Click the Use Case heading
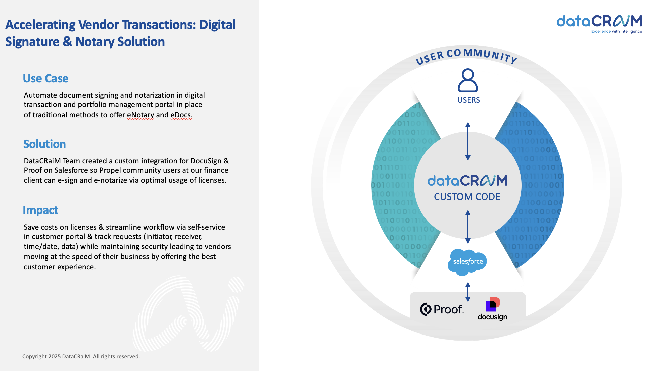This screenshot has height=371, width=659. click(x=46, y=78)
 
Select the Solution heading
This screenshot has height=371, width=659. click(x=44, y=144)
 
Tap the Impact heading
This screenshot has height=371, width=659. click(x=40, y=210)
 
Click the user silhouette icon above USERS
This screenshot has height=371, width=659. click(x=468, y=80)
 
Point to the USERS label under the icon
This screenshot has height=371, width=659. click(x=468, y=100)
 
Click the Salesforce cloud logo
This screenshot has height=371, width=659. click(x=467, y=262)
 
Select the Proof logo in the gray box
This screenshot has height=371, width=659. click(x=442, y=309)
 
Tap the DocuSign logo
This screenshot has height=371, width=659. click(x=493, y=309)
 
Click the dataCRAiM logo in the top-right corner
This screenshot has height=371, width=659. click(x=599, y=24)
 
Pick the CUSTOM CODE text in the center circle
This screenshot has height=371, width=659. click(x=467, y=197)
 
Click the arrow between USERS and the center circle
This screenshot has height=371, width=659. click(x=468, y=141)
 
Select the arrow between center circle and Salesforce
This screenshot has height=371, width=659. click(x=468, y=227)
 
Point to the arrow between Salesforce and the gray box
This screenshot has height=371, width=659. click(x=468, y=292)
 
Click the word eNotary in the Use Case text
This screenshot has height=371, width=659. click(x=140, y=115)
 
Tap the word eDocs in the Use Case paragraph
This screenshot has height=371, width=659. click(x=181, y=115)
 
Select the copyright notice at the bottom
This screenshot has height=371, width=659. click(x=81, y=356)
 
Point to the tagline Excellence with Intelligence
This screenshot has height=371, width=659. click(x=617, y=32)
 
